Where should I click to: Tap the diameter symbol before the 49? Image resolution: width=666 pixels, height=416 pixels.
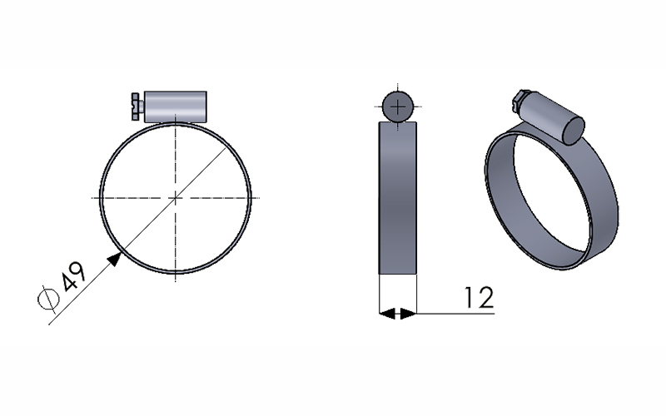pos(48,299)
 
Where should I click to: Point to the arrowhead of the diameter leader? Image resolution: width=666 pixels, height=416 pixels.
pos(115,258)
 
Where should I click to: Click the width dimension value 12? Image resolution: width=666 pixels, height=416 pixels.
pos(480,297)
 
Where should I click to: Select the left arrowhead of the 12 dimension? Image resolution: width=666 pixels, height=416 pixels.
pos(387,314)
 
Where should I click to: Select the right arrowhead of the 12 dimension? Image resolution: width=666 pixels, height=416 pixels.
pos(409,314)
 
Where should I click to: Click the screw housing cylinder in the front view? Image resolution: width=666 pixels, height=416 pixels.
pos(176,106)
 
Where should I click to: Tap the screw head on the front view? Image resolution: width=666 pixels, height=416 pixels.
pos(137,106)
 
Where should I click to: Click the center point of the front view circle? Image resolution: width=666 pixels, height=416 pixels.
pos(176,197)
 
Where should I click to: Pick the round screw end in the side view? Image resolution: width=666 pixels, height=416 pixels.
pos(398,106)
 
